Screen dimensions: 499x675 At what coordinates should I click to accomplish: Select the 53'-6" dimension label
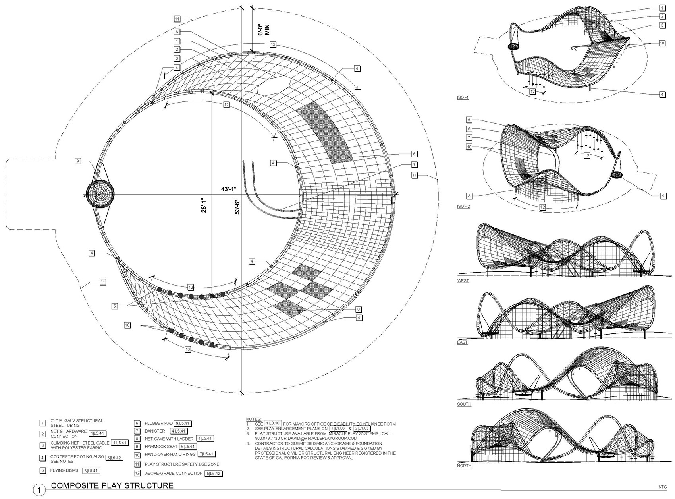click(238, 207)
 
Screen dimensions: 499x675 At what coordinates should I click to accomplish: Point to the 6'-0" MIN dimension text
click(264, 29)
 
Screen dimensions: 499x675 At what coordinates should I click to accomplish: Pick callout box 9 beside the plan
click(78, 161)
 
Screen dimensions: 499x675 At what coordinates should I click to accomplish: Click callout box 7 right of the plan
click(414, 164)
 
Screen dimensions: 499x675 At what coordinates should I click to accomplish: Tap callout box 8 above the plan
click(177, 32)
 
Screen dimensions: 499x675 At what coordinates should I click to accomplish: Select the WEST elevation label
click(463, 280)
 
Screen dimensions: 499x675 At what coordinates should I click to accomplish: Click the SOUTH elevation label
click(464, 404)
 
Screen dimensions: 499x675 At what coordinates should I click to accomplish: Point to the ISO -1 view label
click(463, 97)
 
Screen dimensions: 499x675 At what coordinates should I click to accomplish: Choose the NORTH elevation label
click(464, 466)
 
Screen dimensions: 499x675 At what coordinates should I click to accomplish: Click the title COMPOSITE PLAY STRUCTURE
click(112, 485)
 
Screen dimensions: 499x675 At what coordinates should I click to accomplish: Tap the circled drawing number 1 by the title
click(39, 490)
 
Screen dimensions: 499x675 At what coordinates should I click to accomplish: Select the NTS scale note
click(662, 487)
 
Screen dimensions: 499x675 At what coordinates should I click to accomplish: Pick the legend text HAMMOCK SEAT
click(161, 447)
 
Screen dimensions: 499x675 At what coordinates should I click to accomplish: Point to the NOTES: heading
click(254, 419)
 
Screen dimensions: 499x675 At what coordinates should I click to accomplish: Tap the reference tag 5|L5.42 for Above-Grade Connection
click(214, 473)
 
